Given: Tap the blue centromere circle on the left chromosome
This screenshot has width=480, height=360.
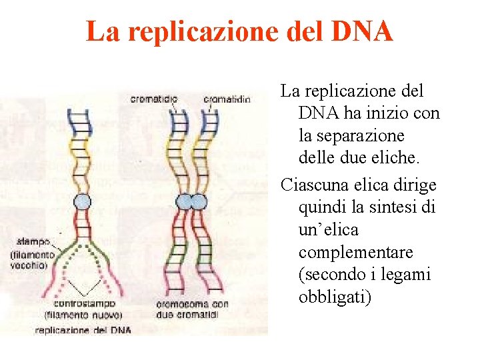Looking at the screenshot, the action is click(x=82, y=202).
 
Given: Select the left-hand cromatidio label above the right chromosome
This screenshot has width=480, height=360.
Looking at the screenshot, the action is click(x=153, y=99).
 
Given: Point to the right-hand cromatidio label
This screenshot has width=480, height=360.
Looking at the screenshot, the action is click(x=227, y=99).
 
